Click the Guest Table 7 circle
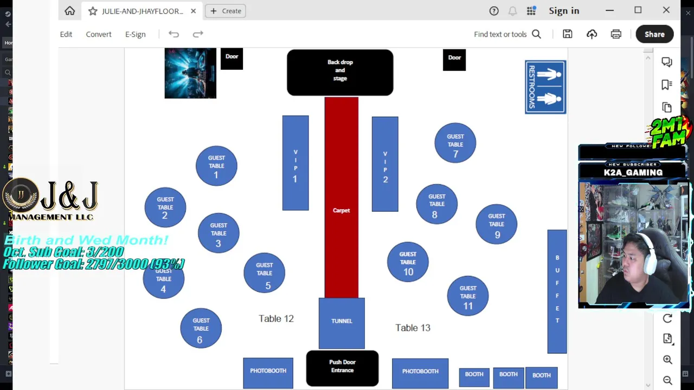[x=455, y=144]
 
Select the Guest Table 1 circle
[x=216, y=166]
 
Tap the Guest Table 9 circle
[x=496, y=224]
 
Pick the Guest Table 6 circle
[x=201, y=328]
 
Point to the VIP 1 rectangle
[x=295, y=162]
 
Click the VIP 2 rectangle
[x=385, y=164]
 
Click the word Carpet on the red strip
[x=341, y=210]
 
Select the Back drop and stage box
[x=340, y=72]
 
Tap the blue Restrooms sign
[x=545, y=87]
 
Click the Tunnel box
[x=342, y=322]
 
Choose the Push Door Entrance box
[x=342, y=368]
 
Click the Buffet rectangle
[x=557, y=291]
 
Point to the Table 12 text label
[x=276, y=318]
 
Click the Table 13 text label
[x=413, y=328]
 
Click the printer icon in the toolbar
[x=616, y=34]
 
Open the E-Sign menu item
[x=135, y=34]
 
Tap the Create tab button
[x=226, y=11]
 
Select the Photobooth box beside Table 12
[x=268, y=372]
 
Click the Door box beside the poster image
[x=232, y=58]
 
